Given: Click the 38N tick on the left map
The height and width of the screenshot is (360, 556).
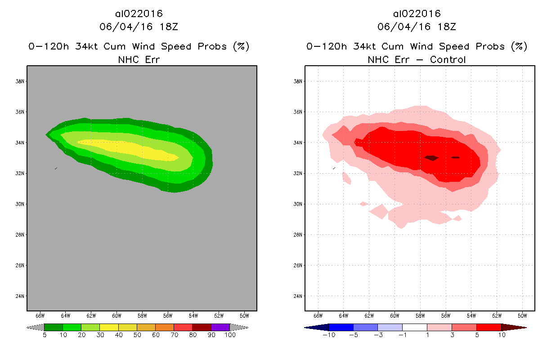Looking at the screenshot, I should point(20,81).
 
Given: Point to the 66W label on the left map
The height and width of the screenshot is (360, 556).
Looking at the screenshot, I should point(40,315).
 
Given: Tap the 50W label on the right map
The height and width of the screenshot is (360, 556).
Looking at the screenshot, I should point(523,315).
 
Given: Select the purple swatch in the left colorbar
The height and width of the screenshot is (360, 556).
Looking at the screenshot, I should point(220,327).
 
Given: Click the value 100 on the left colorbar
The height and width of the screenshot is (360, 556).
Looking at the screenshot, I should point(230,335).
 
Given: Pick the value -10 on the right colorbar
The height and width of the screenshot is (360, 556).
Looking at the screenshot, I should point(328,335).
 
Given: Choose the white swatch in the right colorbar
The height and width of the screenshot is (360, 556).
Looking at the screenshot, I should point(414,327).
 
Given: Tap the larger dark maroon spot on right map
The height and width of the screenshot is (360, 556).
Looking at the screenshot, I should point(431,158).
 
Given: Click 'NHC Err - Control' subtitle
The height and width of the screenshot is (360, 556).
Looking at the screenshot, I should point(417,59).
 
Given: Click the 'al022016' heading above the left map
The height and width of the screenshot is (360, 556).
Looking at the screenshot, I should point(139,14).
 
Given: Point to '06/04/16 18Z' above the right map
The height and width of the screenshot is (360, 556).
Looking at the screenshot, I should point(417,27).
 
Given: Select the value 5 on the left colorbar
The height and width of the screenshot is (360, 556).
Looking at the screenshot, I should point(45,335).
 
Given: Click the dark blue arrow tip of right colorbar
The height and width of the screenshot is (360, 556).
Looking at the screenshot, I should point(310,327).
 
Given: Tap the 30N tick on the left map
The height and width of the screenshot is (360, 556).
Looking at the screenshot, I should point(20,204).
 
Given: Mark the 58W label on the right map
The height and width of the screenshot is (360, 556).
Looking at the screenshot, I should point(420,315).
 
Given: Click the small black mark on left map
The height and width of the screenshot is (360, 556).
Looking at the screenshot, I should point(56,168).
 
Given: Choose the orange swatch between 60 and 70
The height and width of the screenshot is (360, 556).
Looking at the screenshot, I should point(165,327).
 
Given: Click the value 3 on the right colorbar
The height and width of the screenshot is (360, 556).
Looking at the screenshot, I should point(452,335).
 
